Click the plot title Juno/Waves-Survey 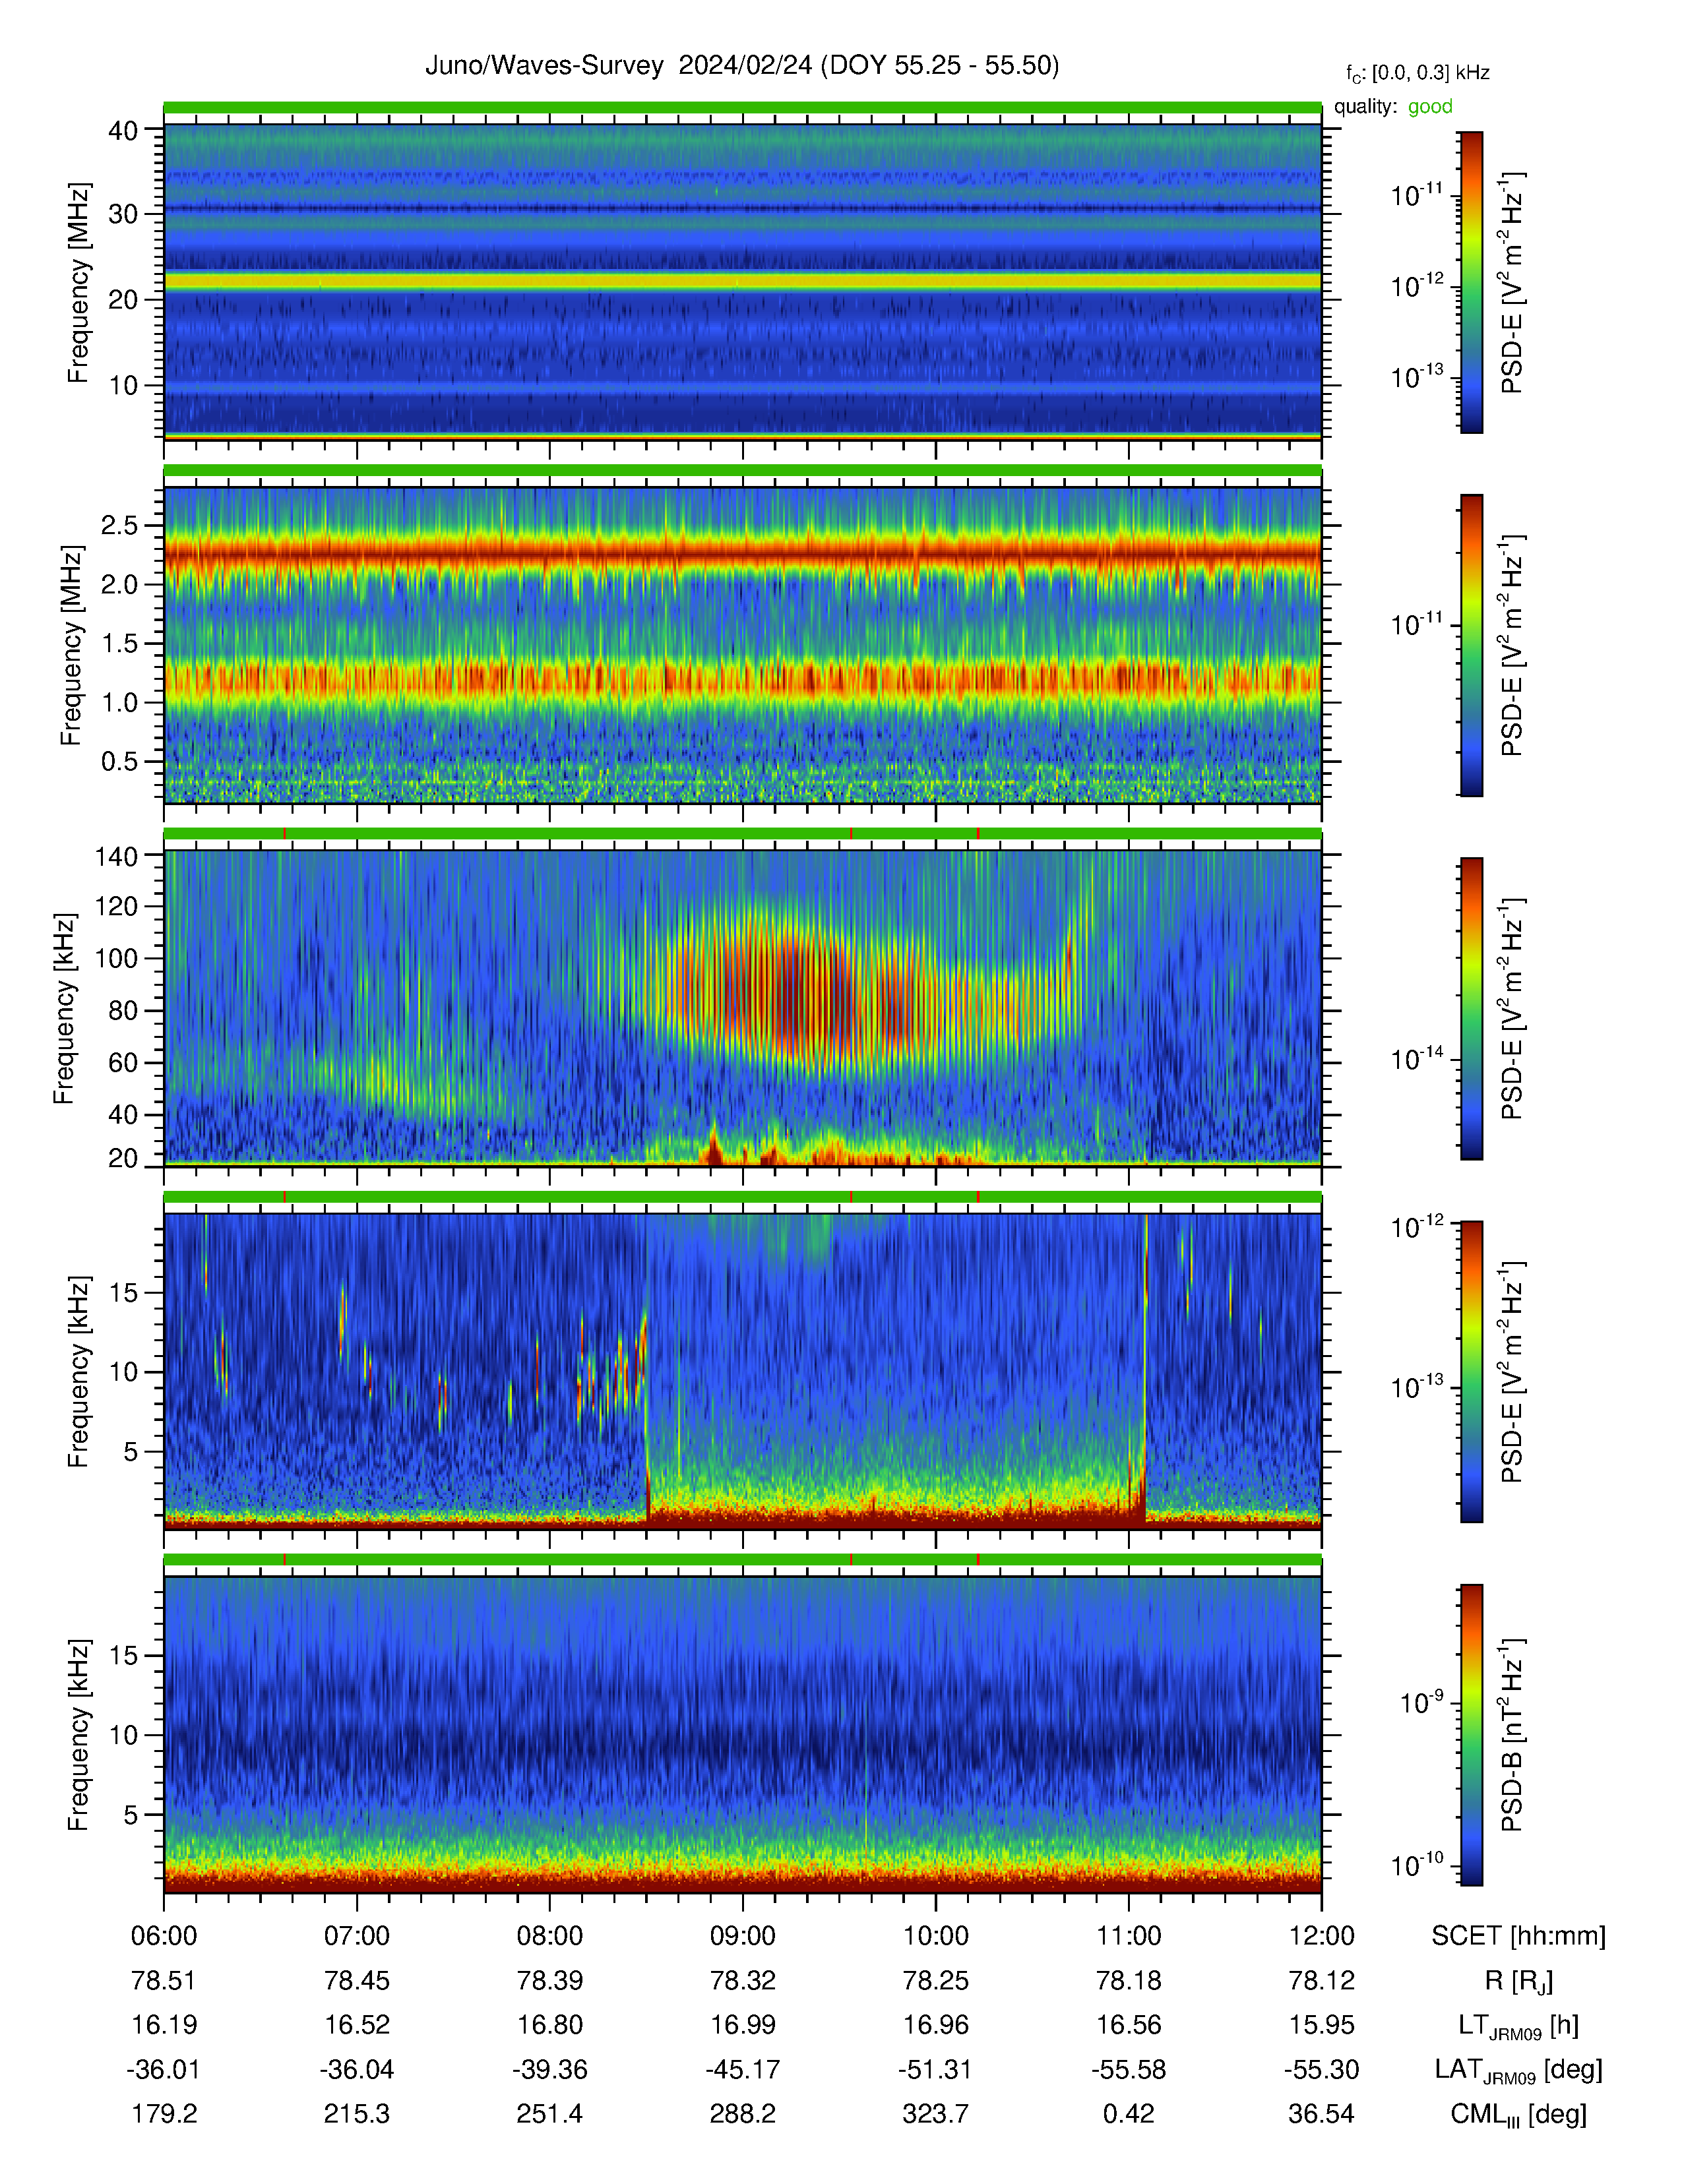point(544,66)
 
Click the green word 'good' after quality point(1430,107)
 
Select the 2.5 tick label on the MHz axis point(119,525)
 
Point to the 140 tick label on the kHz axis point(115,855)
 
